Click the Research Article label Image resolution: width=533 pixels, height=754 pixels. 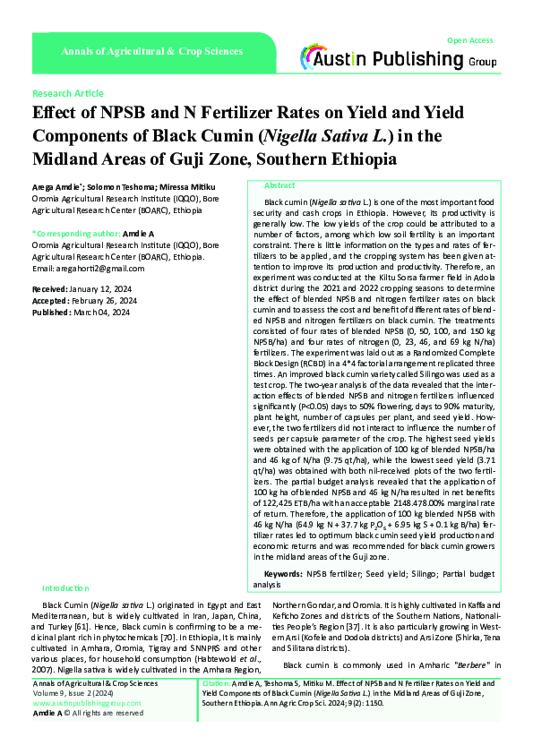[67, 93]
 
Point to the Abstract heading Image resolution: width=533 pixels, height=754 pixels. [279, 184]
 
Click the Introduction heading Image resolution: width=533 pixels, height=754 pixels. [68, 587]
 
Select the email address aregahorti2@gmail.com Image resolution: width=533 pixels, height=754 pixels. [88, 269]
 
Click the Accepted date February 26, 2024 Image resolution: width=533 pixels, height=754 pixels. [105, 302]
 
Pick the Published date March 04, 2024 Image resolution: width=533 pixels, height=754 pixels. [102, 313]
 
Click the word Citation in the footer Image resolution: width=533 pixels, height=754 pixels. [210, 682]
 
